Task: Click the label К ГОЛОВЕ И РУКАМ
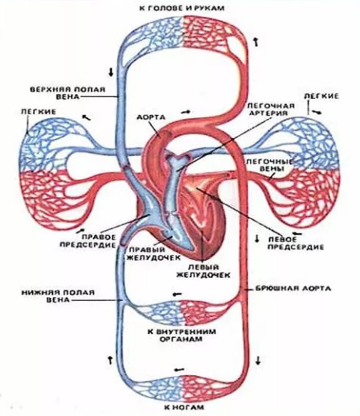(182, 8)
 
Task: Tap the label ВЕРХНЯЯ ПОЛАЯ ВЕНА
(67, 93)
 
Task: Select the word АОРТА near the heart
(151, 117)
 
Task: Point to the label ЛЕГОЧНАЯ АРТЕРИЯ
(271, 110)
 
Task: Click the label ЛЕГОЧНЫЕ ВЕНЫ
(270, 165)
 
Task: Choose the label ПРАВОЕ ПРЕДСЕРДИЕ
(88, 241)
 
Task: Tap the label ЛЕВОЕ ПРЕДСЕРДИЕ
(295, 243)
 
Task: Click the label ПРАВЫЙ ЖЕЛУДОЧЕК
(154, 254)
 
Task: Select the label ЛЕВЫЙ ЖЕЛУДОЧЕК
(204, 271)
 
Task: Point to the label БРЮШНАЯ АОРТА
(293, 289)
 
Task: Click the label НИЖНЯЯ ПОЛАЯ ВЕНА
(58, 296)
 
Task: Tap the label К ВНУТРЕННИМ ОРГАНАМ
(182, 335)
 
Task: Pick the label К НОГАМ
(184, 408)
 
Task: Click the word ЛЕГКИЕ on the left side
(39, 112)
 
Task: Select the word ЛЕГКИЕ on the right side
(321, 96)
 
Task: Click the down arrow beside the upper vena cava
(111, 72)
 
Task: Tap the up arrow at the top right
(256, 42)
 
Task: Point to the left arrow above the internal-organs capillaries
(177, 294)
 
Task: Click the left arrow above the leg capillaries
(180, 370)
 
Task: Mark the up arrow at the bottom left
(110, 360)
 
